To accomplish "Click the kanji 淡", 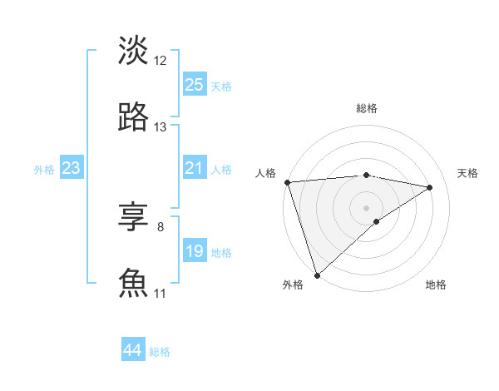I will (x=133, y=51).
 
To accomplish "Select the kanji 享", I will (x=133, y=217).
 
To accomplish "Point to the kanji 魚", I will (x=133, y=284).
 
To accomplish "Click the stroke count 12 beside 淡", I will (x=161, y=61).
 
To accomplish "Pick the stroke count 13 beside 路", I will (x=161, y=127).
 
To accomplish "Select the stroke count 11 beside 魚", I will (x=161, y=294).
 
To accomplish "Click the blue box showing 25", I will (x=195, y=85).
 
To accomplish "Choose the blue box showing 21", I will (x=195, y=168).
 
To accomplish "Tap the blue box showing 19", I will (x=195, y=251).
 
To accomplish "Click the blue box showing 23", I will (x=72, y=168).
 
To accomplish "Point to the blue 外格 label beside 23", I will (x=44, y=170).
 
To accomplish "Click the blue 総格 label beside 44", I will (x=161, y=352).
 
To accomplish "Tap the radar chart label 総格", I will (x=367, y=108).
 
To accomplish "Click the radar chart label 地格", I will (x=436, y=285).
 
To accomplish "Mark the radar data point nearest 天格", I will (x=430, y=187).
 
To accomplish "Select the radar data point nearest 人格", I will (x=287, y=182).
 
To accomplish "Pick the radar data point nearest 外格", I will (x=317, y=275).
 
